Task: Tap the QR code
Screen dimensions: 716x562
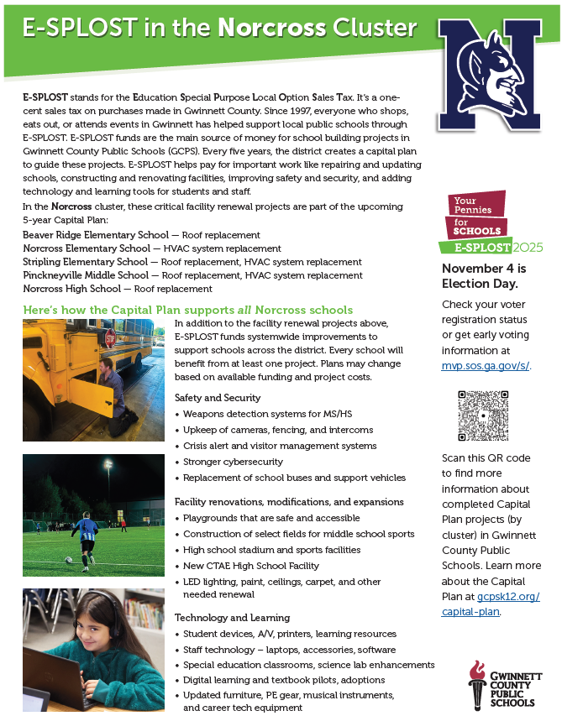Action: point(483,415)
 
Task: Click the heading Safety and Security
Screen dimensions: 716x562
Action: point(218,398)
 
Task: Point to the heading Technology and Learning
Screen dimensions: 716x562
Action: point(232,618)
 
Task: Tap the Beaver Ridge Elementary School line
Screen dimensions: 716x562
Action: point(141,235)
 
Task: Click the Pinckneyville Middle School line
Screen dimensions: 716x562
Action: point(192,275)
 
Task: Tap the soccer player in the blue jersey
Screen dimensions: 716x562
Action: point(84,535)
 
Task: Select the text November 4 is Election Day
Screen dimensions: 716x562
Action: point(484,276)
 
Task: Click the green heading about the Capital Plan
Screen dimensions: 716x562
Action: point(188,310)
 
